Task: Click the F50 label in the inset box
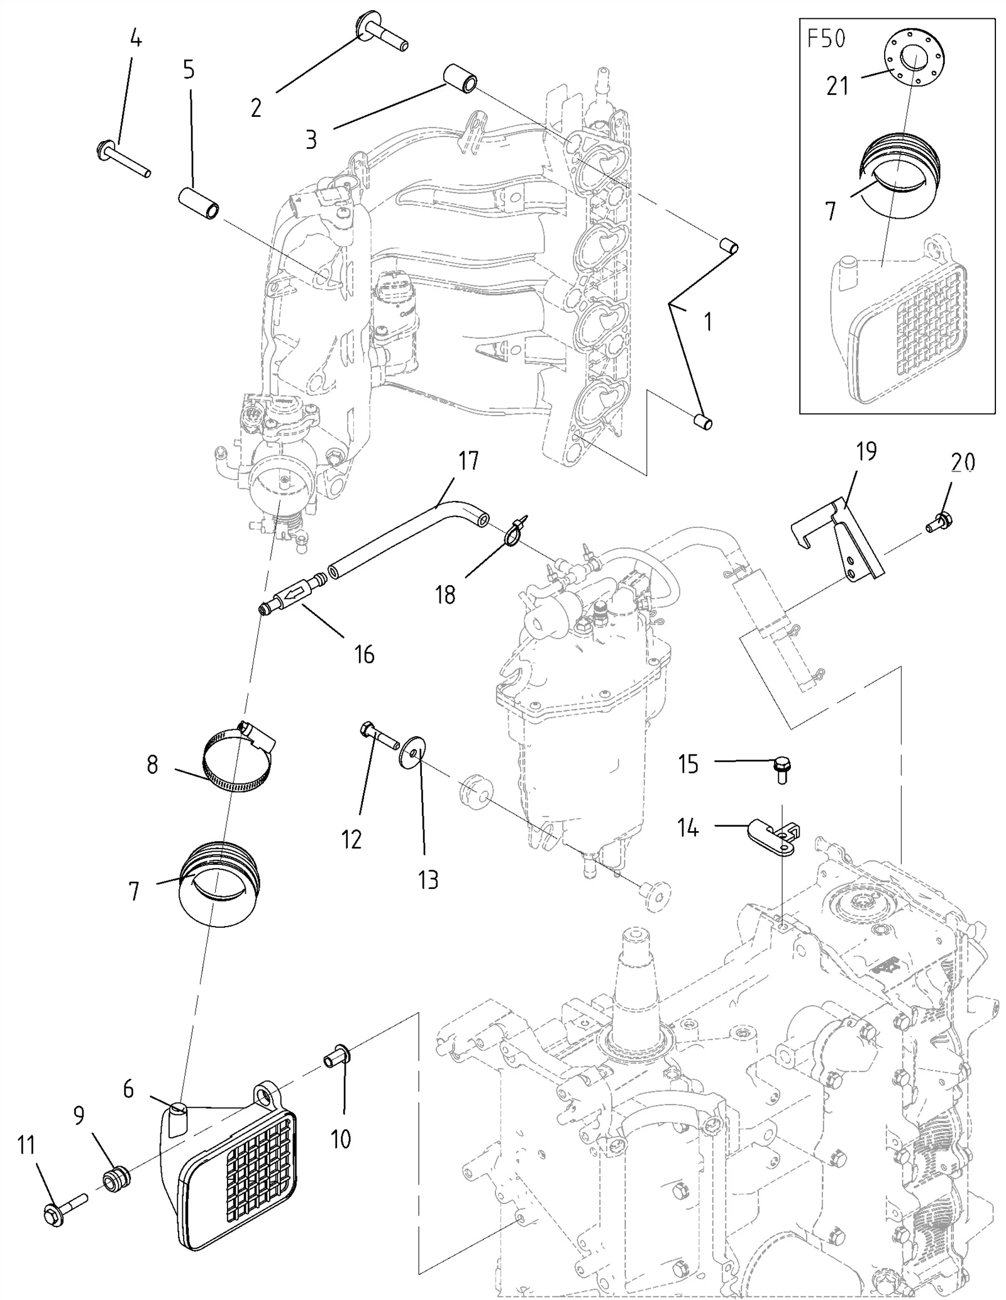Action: pyautogui.click(x=826, y=39)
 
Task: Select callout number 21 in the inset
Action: pyautogui.click(x=837, y=85)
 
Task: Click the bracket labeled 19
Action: pyautogui.click(x=836, y=540)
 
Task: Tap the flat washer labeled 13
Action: pyautogui.click(x=411, y=752)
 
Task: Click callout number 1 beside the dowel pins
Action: pyautogui.click(x=709, y=322)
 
